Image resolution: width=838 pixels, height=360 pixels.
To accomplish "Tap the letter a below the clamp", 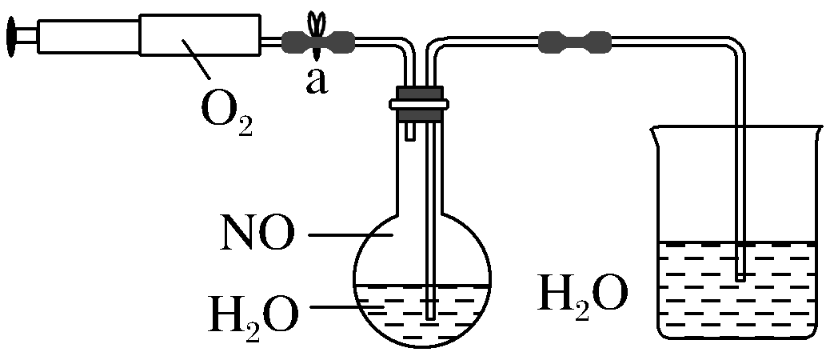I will click(x=317, y=81).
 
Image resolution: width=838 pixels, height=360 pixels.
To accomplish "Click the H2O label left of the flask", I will click(x=253, y=314).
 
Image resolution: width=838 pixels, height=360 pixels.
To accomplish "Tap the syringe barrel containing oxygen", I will click(x=200, y=36).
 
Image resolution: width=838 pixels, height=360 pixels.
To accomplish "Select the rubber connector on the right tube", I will click(x=575, y=41).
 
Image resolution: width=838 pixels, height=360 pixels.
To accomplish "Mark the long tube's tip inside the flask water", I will click(x=432, y=316).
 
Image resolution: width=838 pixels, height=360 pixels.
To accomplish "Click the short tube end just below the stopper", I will click(x=409, y=136).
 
